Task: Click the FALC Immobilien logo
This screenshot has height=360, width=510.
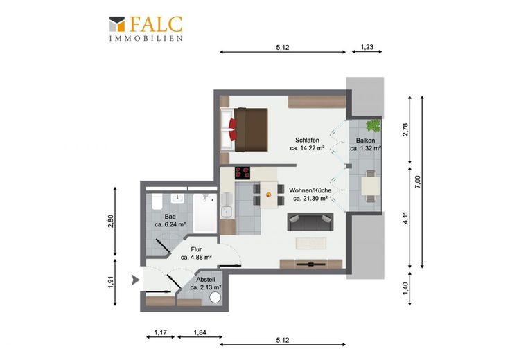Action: [146, 28]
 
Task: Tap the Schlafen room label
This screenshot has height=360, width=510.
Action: [307, 141]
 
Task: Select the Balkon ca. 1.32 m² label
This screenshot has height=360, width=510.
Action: [366, 144]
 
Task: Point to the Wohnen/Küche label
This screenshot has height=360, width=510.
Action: [310, 190]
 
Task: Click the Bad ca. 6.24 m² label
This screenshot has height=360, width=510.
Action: [170, 220]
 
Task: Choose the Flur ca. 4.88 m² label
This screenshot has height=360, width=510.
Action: [196, 253]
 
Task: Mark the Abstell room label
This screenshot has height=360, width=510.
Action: [206, 280]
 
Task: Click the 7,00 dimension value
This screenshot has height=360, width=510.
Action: [419, 182]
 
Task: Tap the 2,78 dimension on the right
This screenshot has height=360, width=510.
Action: [405, 129]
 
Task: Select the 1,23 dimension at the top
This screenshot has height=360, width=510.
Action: [367, 47]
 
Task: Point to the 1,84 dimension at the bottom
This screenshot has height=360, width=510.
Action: [200, 332]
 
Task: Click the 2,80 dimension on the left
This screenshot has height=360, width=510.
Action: [111, 222]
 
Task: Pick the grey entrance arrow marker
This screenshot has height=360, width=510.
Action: [135, 280]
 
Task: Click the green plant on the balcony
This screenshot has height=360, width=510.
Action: [373, 125]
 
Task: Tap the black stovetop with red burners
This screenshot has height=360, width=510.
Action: [243, 173]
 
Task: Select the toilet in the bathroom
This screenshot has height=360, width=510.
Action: [157, 201]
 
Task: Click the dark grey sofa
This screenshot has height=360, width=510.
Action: [310, 222]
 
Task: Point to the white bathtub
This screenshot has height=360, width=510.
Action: [205, 213]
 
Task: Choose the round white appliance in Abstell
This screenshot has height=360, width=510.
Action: [215, 297]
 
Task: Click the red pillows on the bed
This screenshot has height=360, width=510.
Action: [233, 129]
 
